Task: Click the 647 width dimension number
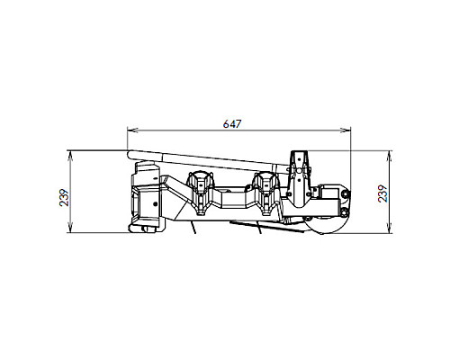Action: tap(232, 124)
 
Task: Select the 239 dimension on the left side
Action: tap(64, 197)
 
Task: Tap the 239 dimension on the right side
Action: tap(382, 193)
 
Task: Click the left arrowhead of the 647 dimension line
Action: tap(132, 130)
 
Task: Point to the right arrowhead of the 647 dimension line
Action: tap(345, 130)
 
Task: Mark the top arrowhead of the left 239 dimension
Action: tap(70, 156)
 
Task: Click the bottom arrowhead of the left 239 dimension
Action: tap(70, 228)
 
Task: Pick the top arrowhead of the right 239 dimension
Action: tap(390, 156)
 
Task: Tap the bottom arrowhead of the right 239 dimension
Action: tap(390, 228)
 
